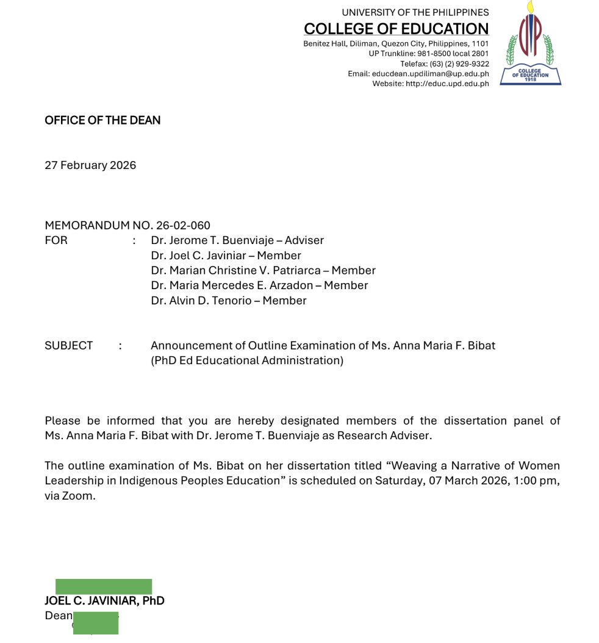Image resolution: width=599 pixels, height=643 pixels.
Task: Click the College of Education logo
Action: tap(530, 44)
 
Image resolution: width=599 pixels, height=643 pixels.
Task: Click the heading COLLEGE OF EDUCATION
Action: tap(396, 29)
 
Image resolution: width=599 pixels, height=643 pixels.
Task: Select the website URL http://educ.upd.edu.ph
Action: tap(447, 84)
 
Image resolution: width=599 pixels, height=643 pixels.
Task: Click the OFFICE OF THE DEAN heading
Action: tap(102, 120)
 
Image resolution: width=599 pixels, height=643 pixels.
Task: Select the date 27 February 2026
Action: tap(90, 165)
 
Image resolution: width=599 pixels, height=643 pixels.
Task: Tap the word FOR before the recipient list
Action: tap(56, 240)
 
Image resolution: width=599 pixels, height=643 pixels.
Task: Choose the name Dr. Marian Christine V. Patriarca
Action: tap(237, 270)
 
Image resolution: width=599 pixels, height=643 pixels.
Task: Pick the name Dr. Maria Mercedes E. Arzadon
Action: tap(232, 286)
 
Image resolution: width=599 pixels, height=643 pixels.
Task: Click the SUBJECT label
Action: tap(69, 345)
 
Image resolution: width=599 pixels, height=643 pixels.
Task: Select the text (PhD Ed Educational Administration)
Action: tap(247, 361)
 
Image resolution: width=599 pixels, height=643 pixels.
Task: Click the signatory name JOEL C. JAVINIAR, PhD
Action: tap(104, 601)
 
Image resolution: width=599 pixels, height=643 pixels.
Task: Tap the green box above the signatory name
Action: tap(104, 587)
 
